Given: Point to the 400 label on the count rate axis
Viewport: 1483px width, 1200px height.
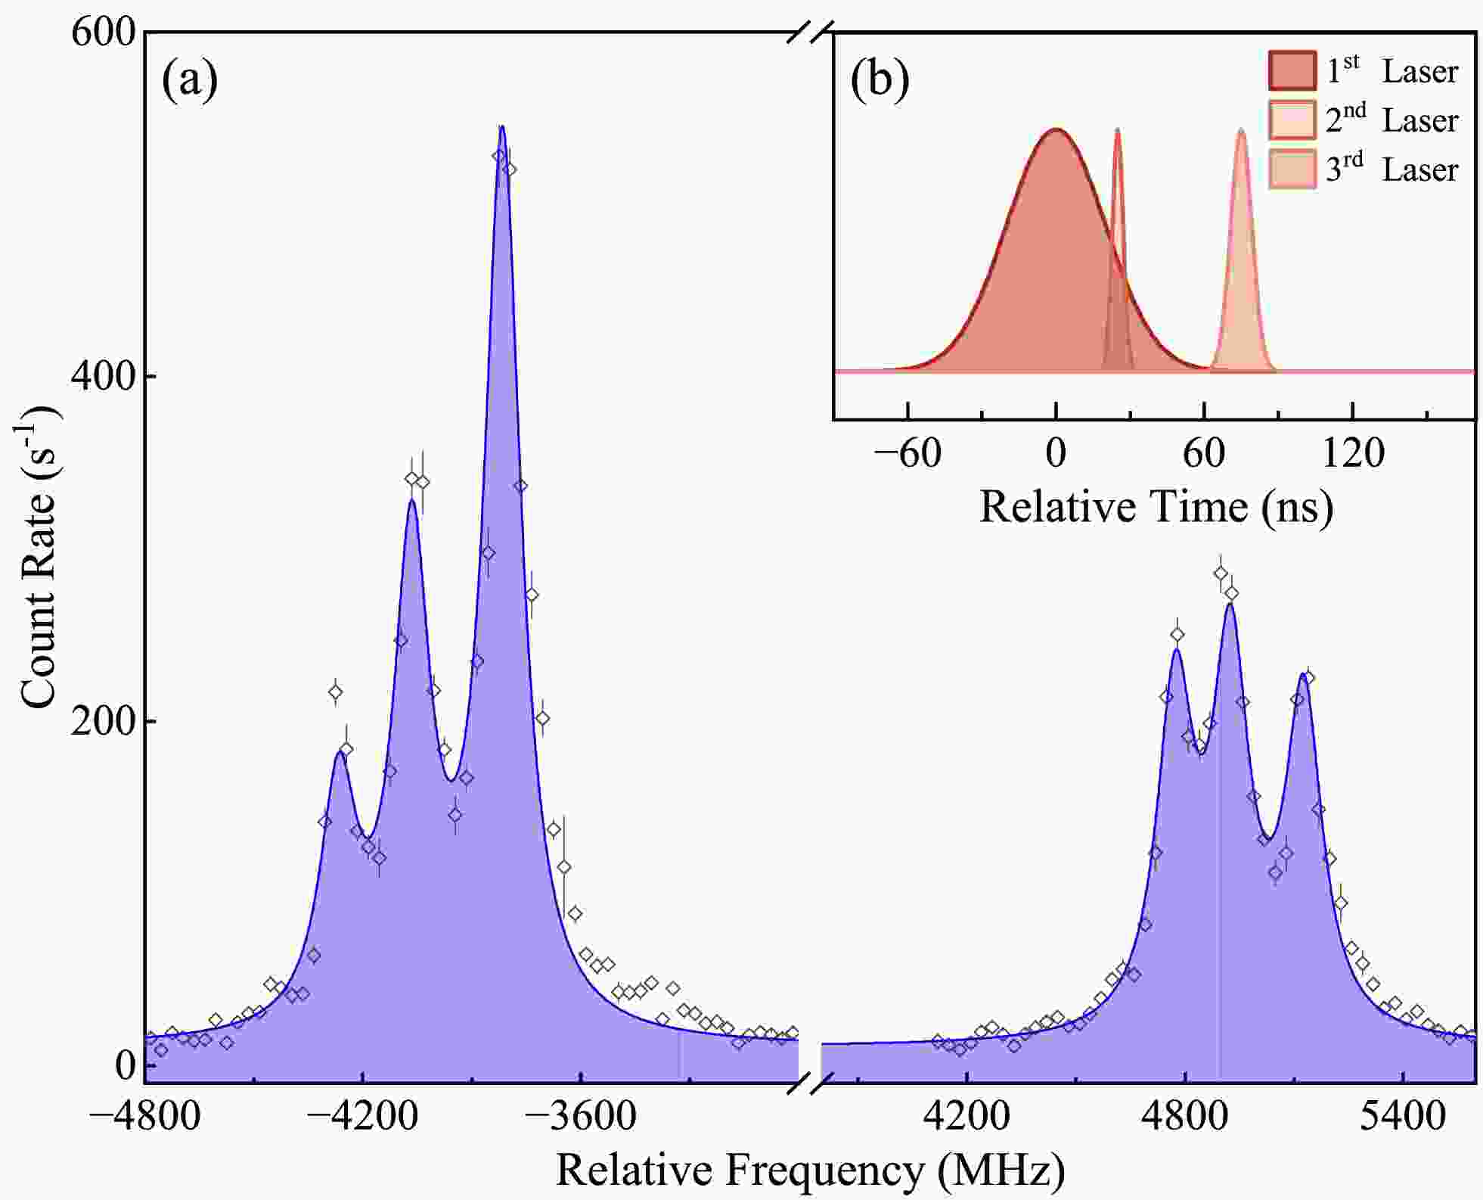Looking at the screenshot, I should click(x=103, y=376).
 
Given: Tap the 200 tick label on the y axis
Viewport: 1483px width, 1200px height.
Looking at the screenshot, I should click(x=103, y=721).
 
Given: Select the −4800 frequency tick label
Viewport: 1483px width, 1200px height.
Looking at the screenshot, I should click(x=144, y=1116).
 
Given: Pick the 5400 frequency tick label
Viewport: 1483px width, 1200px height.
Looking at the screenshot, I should click(x=1402, y=1116).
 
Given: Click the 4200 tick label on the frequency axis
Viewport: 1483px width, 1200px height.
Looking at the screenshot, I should click(x=966, y=1116).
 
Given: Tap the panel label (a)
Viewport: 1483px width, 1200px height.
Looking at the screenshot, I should click(x=190, y=79).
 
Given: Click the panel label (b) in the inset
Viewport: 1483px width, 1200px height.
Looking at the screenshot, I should click(x=880, y=79).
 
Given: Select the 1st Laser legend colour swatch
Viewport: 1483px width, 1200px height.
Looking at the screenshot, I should click(x=1292, y=70).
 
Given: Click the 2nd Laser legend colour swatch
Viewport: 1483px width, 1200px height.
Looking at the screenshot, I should click(x=1292, y=120).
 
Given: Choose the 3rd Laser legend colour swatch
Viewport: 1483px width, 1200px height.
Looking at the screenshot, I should click(x=1292, y=169).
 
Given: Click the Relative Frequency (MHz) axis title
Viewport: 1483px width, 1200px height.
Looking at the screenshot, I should click(x=811, y=1170).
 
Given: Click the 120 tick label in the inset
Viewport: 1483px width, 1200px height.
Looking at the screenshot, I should click(x=1353, y=453).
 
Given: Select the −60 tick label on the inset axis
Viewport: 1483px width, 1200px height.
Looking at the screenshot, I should click(x=907, y=453).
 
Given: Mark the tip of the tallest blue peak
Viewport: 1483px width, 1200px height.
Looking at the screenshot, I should click(x=501, y=126).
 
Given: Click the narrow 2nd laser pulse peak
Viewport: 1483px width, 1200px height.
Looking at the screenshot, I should click(x=1118, y=130).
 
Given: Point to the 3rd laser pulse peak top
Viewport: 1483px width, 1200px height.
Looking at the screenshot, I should click(x=1241, y=130).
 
